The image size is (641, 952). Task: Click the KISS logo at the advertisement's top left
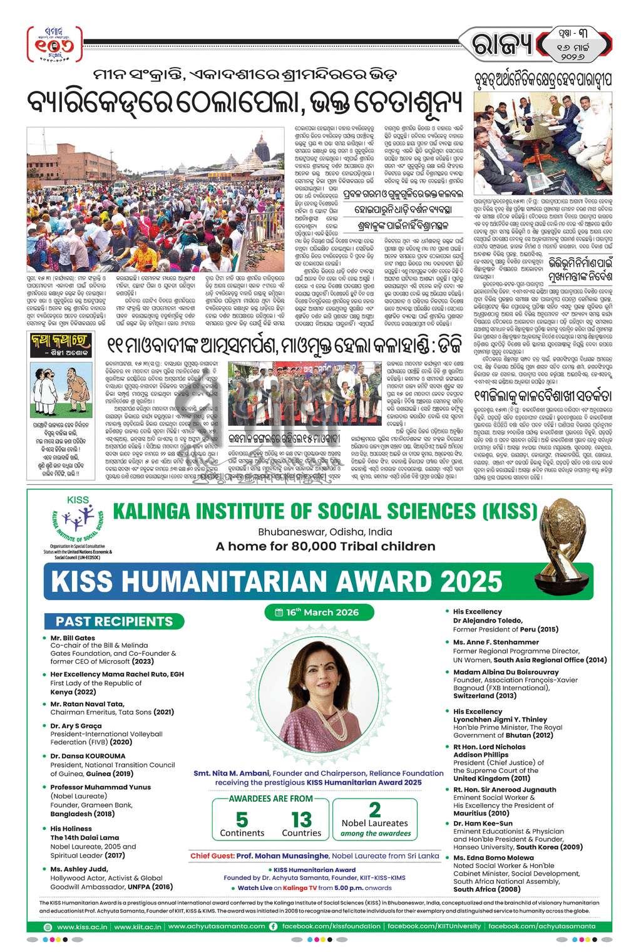[75, 523]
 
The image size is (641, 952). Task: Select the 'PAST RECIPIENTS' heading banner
[114, 621]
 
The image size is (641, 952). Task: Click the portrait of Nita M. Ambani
[321, 701]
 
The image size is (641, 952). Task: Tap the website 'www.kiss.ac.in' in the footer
[82, 926]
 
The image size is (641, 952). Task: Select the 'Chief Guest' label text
[212, 855]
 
